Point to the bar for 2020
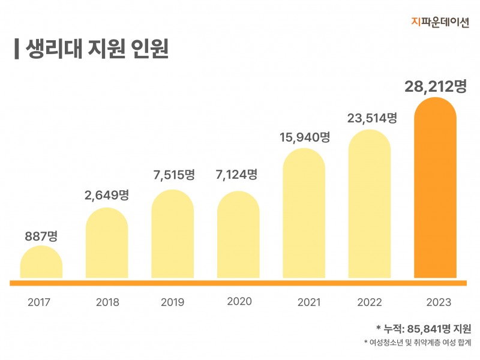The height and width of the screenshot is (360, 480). (x=238, y=235)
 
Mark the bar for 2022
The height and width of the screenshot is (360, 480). (x=370, y=204)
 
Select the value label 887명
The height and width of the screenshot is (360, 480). (x=41, y=236)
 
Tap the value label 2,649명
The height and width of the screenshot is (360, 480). (x=107, y=195)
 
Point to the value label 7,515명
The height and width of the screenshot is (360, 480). (x=173, y=175)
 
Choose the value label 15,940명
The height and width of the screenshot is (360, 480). (x=304, y=137)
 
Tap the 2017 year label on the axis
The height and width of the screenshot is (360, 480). (x=40, y=302)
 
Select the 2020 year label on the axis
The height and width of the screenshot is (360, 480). (x=239, y=301)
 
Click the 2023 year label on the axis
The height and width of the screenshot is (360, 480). (x=436, y=302)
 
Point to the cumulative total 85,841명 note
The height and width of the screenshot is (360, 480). (x=424, y=329)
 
